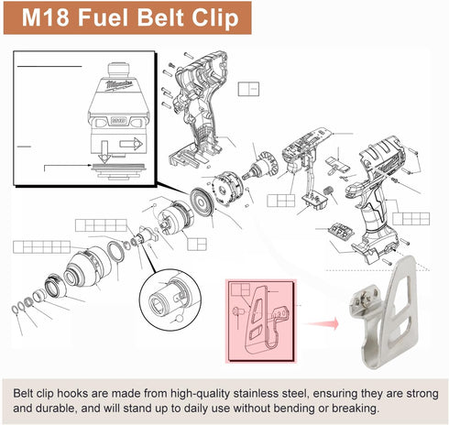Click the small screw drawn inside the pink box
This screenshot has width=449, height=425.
237,312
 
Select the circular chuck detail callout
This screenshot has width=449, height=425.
170,300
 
